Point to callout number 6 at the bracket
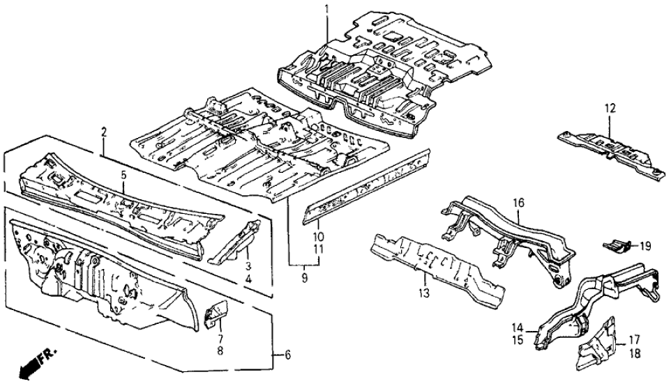pyautogui.click(x=287, y=355)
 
